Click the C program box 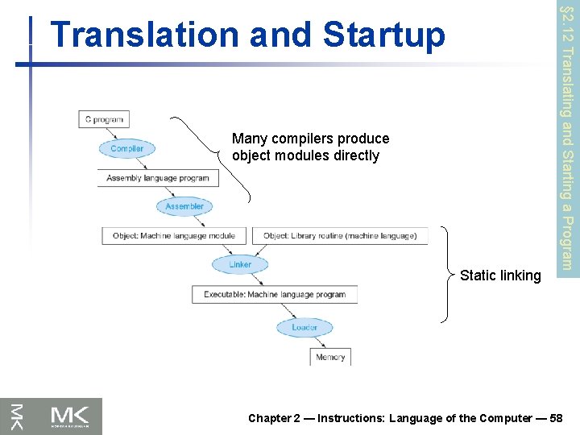pos(104,120)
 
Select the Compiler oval pos(127,148)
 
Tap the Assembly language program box pos(157,178)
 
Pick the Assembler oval pos(184,206)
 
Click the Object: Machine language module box pos(174,236)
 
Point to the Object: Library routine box pos(339,236)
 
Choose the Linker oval pos(240,264)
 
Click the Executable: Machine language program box pos(275,294)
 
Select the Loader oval pos(304,327)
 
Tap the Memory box pos(330,357)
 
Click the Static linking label pos(500,275)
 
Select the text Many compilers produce pos(310,139)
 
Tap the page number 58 pos(555,418)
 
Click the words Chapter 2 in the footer pos(275,418)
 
